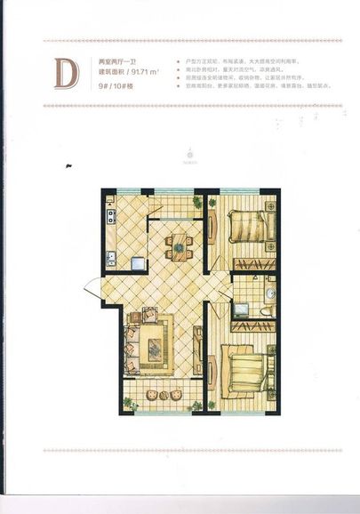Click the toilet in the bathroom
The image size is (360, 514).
point(267,310)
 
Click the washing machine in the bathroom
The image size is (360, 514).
point(241,309)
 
